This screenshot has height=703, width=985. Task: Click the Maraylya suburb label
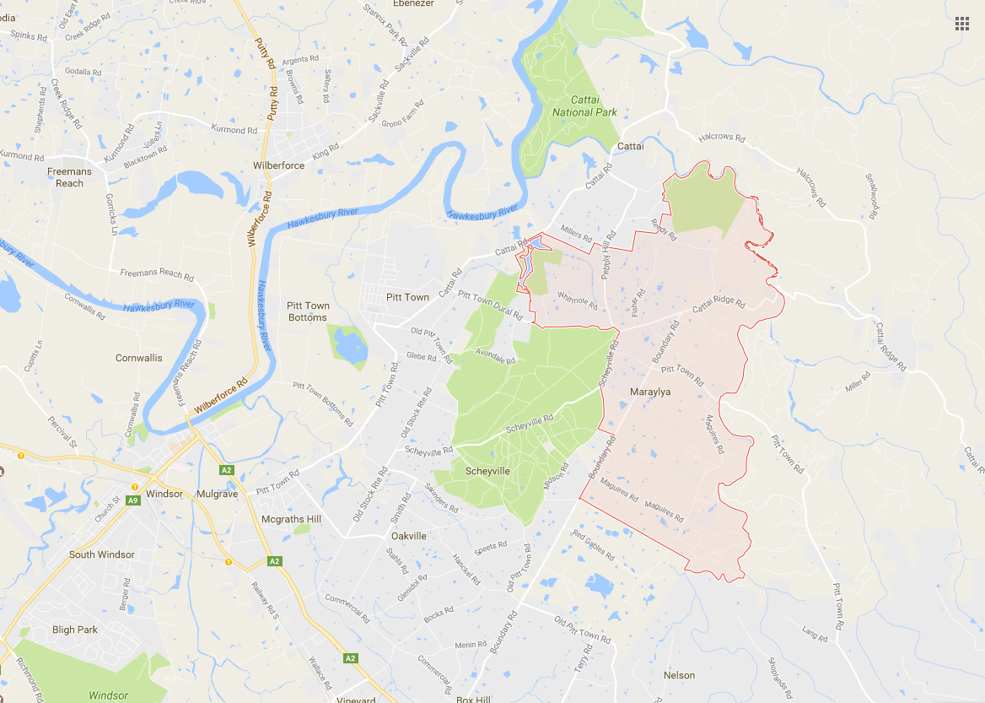(x=649, y=392)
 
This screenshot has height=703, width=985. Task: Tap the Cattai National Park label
(x=584, y=106)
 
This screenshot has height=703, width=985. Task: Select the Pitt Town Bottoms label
(x=307, y=311)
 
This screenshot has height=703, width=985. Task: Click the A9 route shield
(x=133, y=500)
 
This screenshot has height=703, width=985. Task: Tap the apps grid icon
(x=961, y=23)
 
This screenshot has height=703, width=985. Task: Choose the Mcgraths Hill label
(x=291, y=519)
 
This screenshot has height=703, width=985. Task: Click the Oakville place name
(x=409, y=536)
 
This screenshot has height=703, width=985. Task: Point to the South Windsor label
(x=102, y=554)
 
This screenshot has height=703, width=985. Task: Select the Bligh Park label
(x=75, y=630)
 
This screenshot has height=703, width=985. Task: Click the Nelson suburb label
(x=679, y=675)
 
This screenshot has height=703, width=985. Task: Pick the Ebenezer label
(x=412, y=3)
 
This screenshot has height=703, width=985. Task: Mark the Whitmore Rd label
(x=578, y=300)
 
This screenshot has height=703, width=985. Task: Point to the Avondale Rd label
(x=495, y=357)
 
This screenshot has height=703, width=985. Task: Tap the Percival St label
(x=62, y=428)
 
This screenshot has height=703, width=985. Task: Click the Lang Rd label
(x=815, y=634)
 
